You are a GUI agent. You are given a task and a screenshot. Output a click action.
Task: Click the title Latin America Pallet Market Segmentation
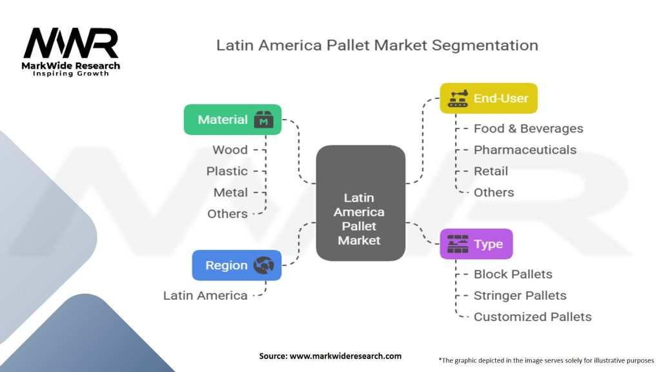(377, 46)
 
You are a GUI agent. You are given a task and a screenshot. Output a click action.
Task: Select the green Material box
(232, 119)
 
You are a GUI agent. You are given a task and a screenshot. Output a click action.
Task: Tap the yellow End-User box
(489, 98)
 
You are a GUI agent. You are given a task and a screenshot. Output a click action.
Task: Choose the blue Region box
(237, 265)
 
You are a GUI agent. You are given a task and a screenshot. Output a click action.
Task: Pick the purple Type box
(476, 244)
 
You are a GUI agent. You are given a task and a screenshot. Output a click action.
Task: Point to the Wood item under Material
(230, 150)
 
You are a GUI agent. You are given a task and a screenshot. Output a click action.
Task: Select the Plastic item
(227, 171)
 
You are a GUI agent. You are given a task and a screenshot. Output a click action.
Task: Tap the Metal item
(230, 192)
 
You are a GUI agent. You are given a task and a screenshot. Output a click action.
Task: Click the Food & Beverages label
(528, 129)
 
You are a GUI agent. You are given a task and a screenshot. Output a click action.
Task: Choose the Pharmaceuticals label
(525, 150)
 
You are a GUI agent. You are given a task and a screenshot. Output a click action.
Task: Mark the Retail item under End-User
(491, 171)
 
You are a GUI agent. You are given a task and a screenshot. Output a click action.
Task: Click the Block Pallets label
(513, 274)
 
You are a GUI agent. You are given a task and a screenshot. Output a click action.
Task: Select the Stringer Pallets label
(520, 295)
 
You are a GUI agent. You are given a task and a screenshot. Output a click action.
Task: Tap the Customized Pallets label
(532, 316)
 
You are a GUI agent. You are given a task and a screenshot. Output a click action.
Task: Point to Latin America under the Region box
(205, 295)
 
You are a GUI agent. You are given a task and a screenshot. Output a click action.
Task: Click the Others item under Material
(227, 214)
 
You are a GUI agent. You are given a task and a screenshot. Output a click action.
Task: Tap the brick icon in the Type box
(458, 244)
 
